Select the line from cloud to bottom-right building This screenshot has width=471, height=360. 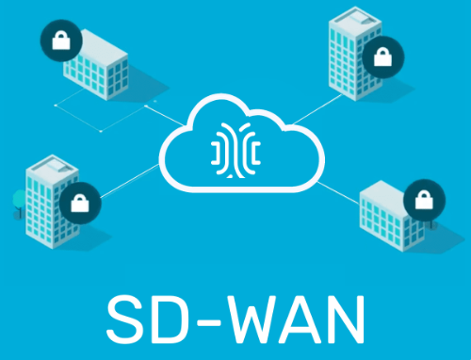click(334, 184)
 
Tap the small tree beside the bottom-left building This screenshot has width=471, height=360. click(18, 200)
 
